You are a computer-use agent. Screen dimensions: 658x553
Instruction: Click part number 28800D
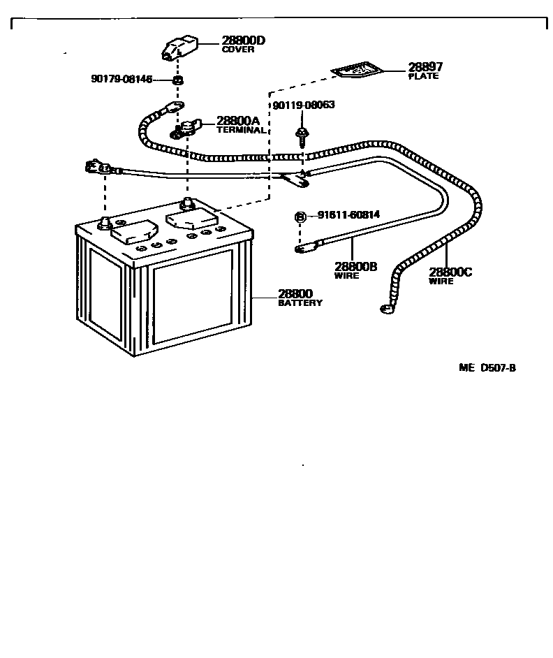tap(244, 41)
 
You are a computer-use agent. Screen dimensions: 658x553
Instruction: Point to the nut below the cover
tap(178, 80)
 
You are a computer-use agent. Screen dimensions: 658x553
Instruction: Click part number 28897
tap(425, 67)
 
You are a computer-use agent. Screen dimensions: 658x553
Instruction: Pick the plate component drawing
tap(356, 70)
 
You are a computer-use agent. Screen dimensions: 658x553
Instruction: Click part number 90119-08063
tap(304, 105)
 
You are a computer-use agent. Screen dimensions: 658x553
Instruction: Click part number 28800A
tap(237, 121)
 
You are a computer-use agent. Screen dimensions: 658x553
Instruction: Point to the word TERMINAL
tap(240, 130)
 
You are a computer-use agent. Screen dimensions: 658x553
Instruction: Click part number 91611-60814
tap(348, 215)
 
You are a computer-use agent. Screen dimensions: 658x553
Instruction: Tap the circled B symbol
tap(300, 217)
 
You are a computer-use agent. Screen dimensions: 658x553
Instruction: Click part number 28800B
tap(355, 267)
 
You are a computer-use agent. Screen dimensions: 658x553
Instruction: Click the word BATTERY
tap(300, 303)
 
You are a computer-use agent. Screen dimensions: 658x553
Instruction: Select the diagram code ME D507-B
tap(487, 368)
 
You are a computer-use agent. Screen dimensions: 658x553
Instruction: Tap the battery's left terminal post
tap(105, 221)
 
